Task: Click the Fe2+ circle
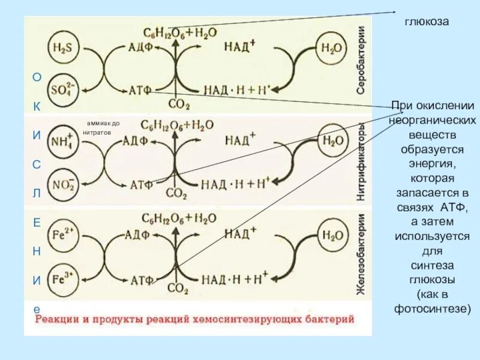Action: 61,236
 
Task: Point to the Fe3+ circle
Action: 61,278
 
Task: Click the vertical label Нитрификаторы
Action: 362,162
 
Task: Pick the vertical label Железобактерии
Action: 362,255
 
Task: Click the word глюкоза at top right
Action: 427,22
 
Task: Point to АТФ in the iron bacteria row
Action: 139,279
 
